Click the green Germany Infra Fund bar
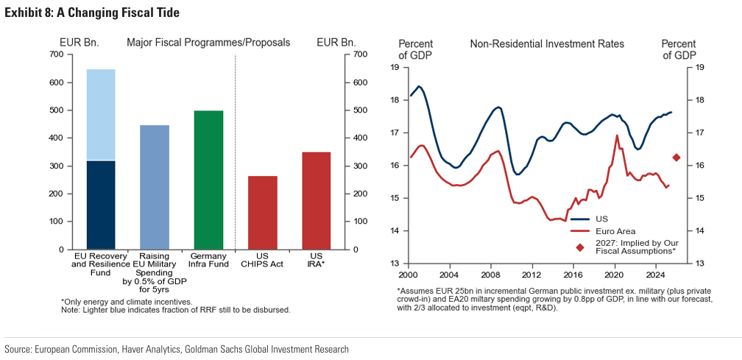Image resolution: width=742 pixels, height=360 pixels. [x=208, y=180]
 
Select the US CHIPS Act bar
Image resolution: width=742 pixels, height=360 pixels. [x=262, y=212]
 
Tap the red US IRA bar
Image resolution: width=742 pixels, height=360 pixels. [x=316, y=200]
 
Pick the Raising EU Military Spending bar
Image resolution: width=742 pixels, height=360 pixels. [x=155, y=187]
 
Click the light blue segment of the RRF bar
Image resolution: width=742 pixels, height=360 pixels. [x=101, y=114]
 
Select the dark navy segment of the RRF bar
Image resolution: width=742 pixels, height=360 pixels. [x=101, y=205]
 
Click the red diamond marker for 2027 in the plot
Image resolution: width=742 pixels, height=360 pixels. [x=676, y=158]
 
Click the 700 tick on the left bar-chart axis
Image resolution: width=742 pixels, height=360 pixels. [x=57, y=55]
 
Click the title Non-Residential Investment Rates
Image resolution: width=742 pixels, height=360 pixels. [x=547, y=44]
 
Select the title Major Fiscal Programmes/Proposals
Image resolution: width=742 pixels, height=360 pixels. [x=208, y=43]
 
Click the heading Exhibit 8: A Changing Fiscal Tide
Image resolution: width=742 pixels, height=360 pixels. [x=92, y=13]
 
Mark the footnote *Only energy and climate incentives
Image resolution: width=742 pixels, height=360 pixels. [x=127, y=302]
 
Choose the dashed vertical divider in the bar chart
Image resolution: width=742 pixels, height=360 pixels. [x=236, y=147]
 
